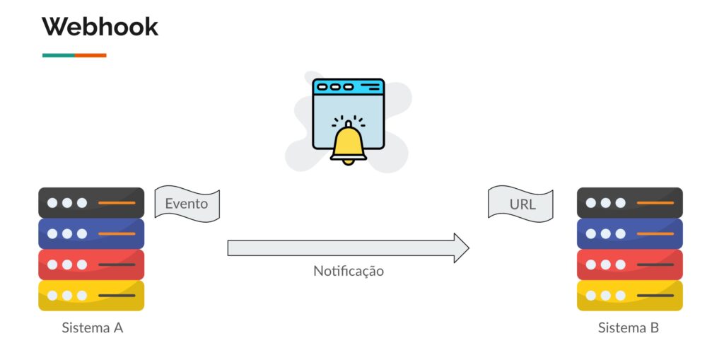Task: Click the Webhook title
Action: pos(100,27)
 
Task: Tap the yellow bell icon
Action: pos(348,144)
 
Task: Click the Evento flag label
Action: pos(187,204)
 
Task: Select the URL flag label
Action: pos(522,204)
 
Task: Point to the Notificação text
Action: pos(349,271)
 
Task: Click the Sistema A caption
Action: pos(93,327)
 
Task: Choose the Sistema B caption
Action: pos(629,327)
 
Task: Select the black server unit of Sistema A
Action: pos(91,202)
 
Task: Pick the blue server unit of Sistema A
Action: pos(91,233)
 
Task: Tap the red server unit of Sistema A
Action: pos(91,265)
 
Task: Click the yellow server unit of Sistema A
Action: pos(91,296)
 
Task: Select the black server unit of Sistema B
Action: pos(629,202)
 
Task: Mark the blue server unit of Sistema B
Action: pos(629,233)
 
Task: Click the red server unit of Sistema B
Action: pos(629,265)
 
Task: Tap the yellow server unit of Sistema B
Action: pos(629,296)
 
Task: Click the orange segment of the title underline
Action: pos(90,54)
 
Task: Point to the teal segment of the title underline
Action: pos(58,54)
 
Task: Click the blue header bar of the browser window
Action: pos(348,87)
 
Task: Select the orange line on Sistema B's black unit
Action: pos(655,203)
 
